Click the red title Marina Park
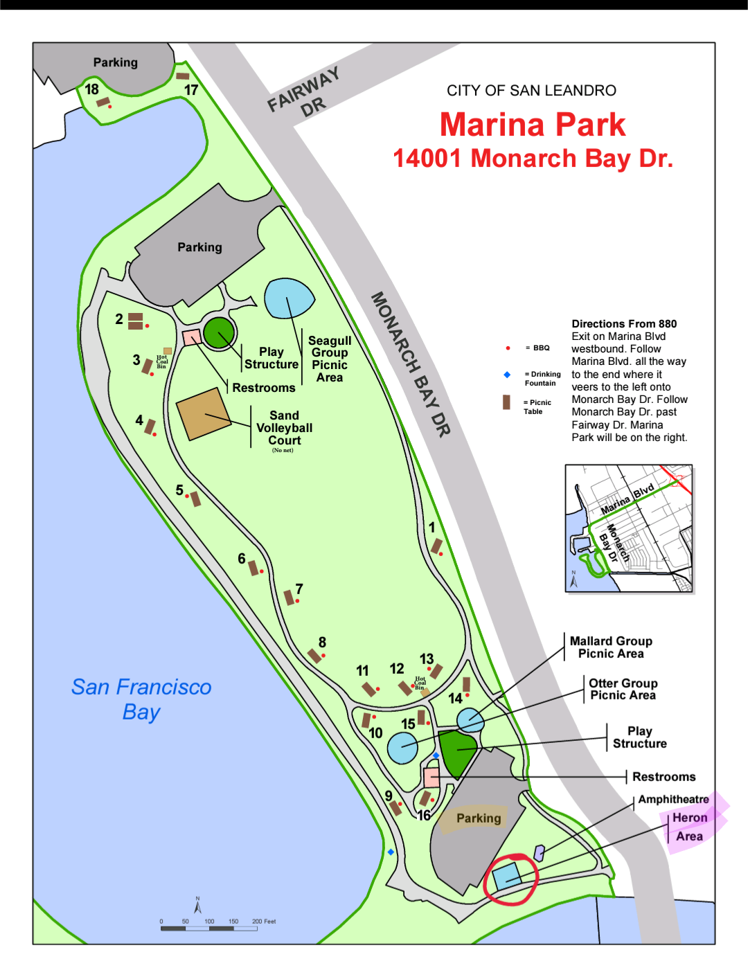[x=532, y=125]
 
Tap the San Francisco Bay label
[x=141, y=699]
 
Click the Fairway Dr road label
[x=305, y=92]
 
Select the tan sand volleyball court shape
[x=202, y=414]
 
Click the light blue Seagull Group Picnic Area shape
[x=288, y=298]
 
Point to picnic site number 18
[x=92, y=89]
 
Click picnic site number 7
[x=299, y=589]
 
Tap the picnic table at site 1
[x=436, y=546]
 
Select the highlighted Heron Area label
[x=689, y=827]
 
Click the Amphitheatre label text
[x=673, y=799]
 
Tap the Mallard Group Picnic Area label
[x=611, y=647]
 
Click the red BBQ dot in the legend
[x=508, y=348]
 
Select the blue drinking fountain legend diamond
[x=507, y=375]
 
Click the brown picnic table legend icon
[x=506, y=402]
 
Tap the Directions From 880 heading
[x=624, y=323]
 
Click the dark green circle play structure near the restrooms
[x=220, y=333]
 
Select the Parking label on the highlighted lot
[x=478, y=818]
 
